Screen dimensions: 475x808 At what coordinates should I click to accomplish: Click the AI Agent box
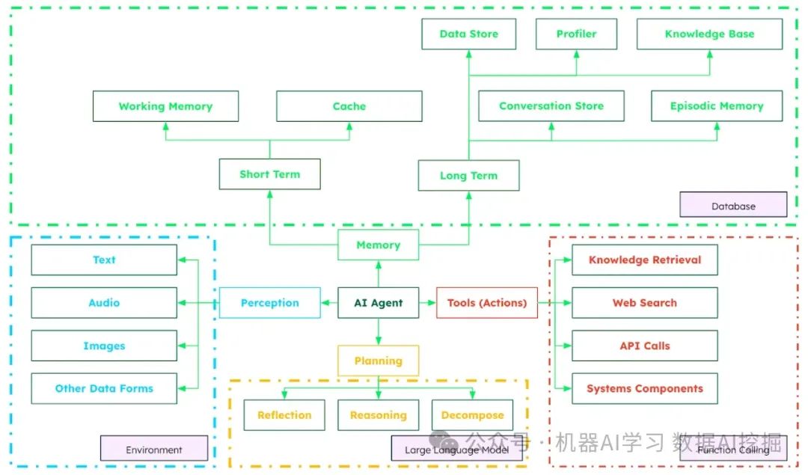[x=378, y=303]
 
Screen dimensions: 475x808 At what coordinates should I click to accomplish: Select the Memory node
[x=378, y=245]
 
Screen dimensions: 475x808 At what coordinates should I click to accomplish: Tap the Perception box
[x=269, y=303]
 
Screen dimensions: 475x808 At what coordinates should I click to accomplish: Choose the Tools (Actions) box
[x=487, y=303]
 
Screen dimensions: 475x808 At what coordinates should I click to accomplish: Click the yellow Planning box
[x=378, y=361]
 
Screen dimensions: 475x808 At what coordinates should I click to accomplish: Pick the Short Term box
[x=269, y=174]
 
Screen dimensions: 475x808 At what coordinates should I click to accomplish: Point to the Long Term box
[x=468, y=176]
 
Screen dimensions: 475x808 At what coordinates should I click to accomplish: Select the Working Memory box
[x=165, y=106]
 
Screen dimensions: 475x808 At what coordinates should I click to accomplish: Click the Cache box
[x=349, y=106]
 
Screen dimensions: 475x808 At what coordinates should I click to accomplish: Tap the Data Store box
[x=468, y=34]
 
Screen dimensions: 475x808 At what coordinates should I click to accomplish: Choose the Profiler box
[x=576, y=34]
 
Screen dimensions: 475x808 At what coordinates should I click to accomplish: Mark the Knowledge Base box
[x=709, y=34]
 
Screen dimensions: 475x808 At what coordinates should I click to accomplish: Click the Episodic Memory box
[x=716, y=106]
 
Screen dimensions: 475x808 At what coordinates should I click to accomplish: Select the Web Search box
[x=644, y=303]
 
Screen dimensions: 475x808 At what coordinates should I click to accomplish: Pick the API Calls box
[x=644, y=346]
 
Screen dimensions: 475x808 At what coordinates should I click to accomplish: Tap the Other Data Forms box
[x=104, y=388]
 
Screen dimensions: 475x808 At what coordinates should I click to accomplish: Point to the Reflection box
[x=284, y=415]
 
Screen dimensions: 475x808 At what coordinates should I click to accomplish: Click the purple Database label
[x=733, y=205]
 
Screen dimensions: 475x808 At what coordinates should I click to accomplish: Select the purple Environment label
[x=154, y=449]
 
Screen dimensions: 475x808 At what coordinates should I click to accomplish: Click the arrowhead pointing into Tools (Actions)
[x=432, y=303]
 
